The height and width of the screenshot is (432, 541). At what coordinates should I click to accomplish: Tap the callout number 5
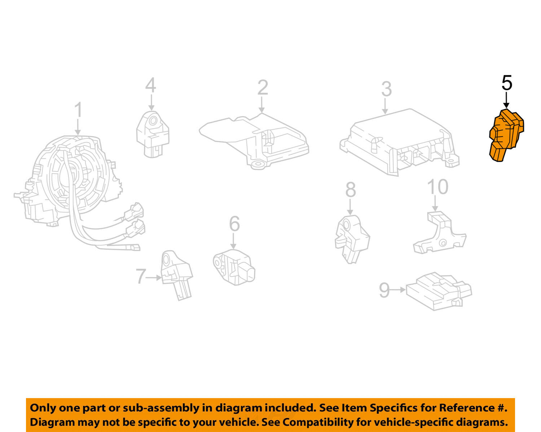coord(507,83)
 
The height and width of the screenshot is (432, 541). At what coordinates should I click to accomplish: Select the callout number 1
coord(78,110)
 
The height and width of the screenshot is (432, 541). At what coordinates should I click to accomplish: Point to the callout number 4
coord(151,85)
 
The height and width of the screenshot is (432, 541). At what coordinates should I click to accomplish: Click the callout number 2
coord(263,87)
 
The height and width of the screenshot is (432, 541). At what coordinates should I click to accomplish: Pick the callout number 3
coord(386,89)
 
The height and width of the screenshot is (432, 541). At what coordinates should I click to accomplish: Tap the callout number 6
coord(234,223)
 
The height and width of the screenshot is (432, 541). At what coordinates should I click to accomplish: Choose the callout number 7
coord(141,276)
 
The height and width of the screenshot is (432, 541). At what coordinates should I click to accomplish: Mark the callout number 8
coord(351,189)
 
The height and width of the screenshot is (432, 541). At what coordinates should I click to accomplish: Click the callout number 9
coord(384,290)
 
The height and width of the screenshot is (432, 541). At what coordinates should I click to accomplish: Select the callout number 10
coord(438,187)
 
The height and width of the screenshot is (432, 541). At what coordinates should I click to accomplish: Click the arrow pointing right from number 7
coord(154,278)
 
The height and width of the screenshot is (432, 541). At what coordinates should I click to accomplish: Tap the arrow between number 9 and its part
coord(398,290)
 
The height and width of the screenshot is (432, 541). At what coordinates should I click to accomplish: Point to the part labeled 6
coord(234,267)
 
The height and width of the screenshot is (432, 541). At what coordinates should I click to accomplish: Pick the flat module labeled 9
coord(439,291)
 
